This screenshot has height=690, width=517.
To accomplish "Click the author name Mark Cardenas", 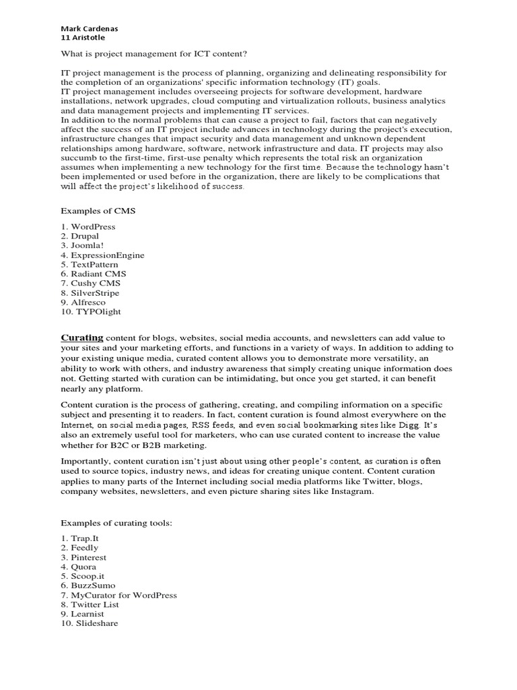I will tap(89, 29).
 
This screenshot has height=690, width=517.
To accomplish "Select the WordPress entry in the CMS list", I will tap(88, 227).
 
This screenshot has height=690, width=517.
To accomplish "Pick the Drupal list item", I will tap(80, 237).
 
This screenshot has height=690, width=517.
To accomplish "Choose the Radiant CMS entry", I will tap(94, 274).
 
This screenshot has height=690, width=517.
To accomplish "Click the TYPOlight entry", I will tap(91, 312).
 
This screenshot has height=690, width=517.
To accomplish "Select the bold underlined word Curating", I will tap(82, 337).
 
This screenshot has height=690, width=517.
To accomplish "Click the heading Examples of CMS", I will tap(98, 211).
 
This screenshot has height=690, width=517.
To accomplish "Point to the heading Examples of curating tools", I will tap(117, 523).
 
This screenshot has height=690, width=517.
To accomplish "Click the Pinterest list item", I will tap(83, 558).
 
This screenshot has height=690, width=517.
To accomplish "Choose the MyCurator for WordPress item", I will tap(119, 596).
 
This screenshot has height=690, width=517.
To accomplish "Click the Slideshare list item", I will tap(90, 624).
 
